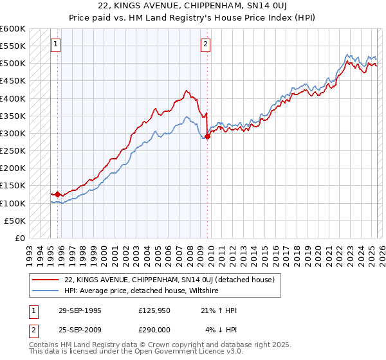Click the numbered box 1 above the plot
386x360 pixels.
pos(55,44)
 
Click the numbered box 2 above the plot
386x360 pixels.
pos(205,44)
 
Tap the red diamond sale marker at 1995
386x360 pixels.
pos(58,194)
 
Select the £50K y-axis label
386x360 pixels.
pos(15,221)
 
